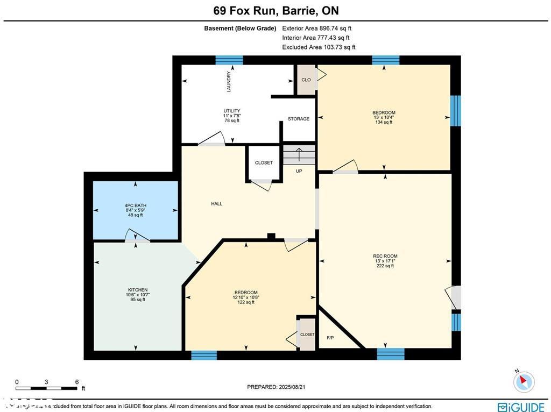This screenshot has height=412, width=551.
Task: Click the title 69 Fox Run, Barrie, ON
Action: click(275, 10)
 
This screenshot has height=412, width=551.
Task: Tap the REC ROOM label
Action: click(385, 256)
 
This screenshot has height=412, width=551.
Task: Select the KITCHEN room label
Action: click(137, 290)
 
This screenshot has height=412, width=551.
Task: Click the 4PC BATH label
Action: click(135, 205)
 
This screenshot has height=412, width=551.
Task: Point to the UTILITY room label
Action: click(232, 111)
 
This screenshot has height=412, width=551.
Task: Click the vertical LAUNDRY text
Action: click(229, 81)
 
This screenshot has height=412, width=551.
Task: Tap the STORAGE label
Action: click(298, 119)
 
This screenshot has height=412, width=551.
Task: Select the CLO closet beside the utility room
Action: click(306, 80)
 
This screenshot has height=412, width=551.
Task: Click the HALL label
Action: click(216, 204)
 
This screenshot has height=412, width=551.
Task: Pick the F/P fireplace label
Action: click(330, 338)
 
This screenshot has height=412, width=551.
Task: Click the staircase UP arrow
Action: click(299, 155)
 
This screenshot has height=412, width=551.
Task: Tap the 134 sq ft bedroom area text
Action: click(384, 122)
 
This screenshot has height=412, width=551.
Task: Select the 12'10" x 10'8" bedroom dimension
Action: click(245, 297)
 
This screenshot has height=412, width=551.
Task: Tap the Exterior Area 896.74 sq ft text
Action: click(317, 29)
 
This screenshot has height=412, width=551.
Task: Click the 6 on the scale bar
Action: click(77, 381)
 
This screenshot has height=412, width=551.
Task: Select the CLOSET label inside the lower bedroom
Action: click(307, 335)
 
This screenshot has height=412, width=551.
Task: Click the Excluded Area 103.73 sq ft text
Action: click(319, 47)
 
